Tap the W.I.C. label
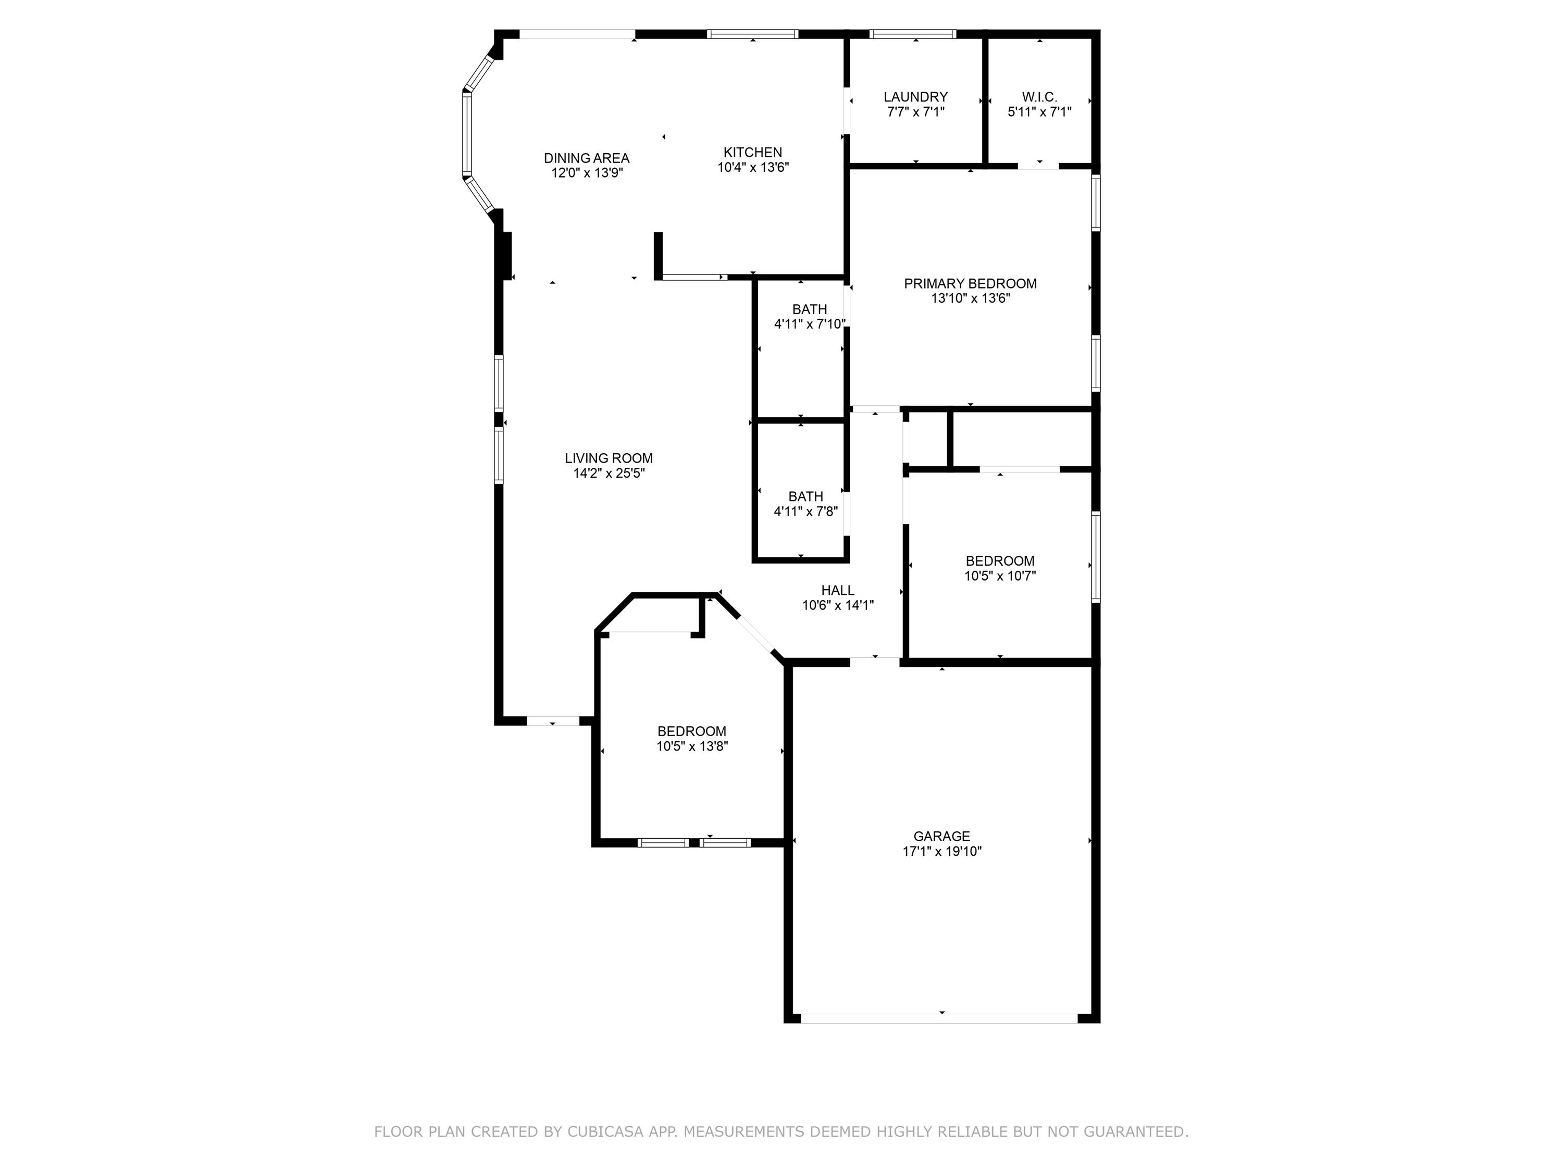click(1039, 97)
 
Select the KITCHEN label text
click(752, 152)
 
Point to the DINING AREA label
click(587, 158)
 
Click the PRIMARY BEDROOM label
click(970, 283)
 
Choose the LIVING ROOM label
click(609, 458)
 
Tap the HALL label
click(837, 590)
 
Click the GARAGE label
click(941, 836)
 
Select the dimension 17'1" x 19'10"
click(942, 851)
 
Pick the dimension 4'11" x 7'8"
click(805, 512)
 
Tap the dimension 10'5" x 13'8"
click(692, 746)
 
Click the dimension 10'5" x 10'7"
click(1000, 576)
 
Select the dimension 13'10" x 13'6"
click(970, 298)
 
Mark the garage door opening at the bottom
click(940, 1018)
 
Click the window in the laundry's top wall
click(912, 34)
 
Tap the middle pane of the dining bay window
click(466, 134)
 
